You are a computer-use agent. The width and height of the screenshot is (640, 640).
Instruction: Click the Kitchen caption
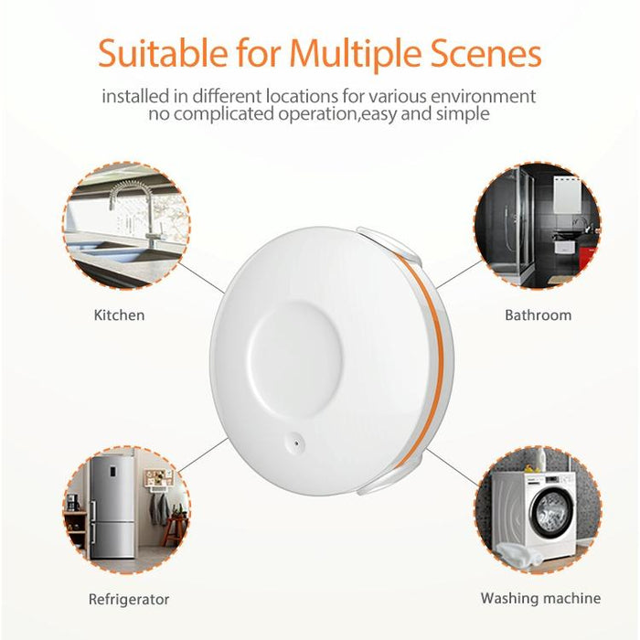pyautogui.click(x=119, y=315)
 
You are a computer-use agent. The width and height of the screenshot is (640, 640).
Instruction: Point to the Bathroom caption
pyautogui.click(x=538, y=315)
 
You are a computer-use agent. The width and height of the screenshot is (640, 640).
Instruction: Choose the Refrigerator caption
pyautogui.click(x=128, y=600)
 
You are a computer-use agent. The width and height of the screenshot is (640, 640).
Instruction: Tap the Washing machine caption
pyautogui.click(x=540, y=599)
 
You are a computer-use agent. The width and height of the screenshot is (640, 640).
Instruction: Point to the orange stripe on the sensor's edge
pyautogui.click(x=442, y=357)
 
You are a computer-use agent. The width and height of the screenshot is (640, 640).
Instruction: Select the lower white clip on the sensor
pyautogui.click(x=389, y=481)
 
